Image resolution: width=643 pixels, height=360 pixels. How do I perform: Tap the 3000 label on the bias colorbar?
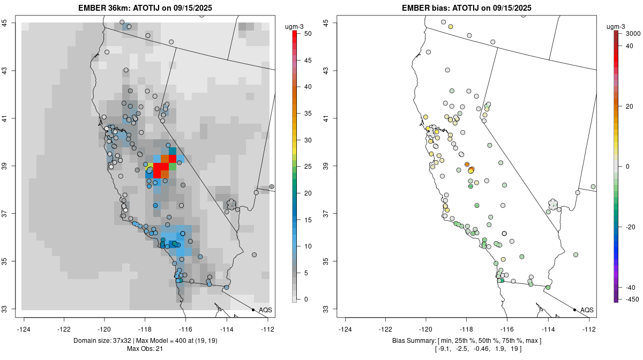[633, 33]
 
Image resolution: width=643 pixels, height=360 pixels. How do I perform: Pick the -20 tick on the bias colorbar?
[630, 227]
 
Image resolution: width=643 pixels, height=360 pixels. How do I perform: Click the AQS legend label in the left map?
[265, 310]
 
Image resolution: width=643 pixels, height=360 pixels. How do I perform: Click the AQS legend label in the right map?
[587, 310]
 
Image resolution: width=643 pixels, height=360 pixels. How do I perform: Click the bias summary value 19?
[516, 349]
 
